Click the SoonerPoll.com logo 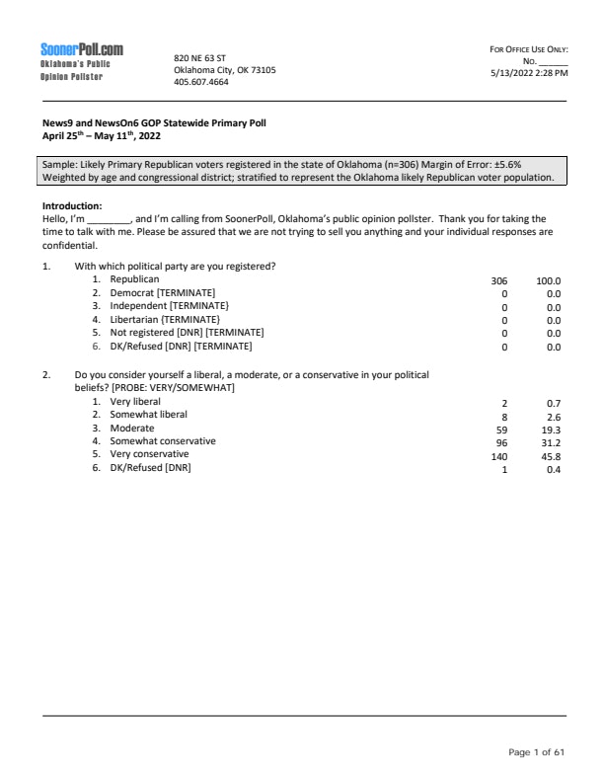coord(82,50)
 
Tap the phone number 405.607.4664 coord(200,82)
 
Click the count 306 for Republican coord(498,280)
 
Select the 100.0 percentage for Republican coord(548,280)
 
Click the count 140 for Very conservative coord(498,456)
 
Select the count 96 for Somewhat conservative coord(500,443)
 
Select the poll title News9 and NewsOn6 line coord(148,123)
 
